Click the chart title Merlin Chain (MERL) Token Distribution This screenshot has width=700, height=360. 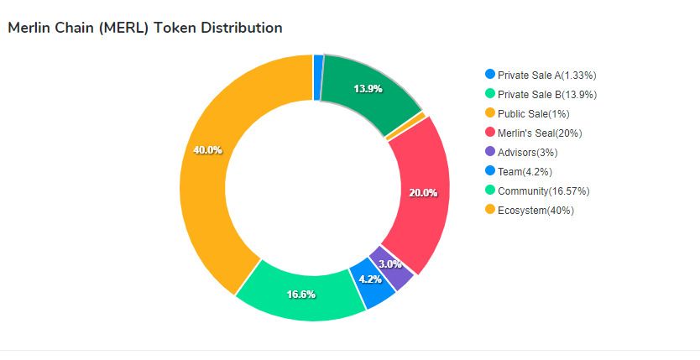coord(144,28)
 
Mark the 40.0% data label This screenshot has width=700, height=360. coord(207,150)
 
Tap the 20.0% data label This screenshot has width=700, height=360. coord(422,192)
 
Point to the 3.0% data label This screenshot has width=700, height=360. coord(389,263)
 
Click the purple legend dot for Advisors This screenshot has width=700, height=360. coord(490,152)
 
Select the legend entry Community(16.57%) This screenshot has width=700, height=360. coord(546,190)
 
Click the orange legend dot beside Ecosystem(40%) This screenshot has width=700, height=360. coord(490,210)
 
